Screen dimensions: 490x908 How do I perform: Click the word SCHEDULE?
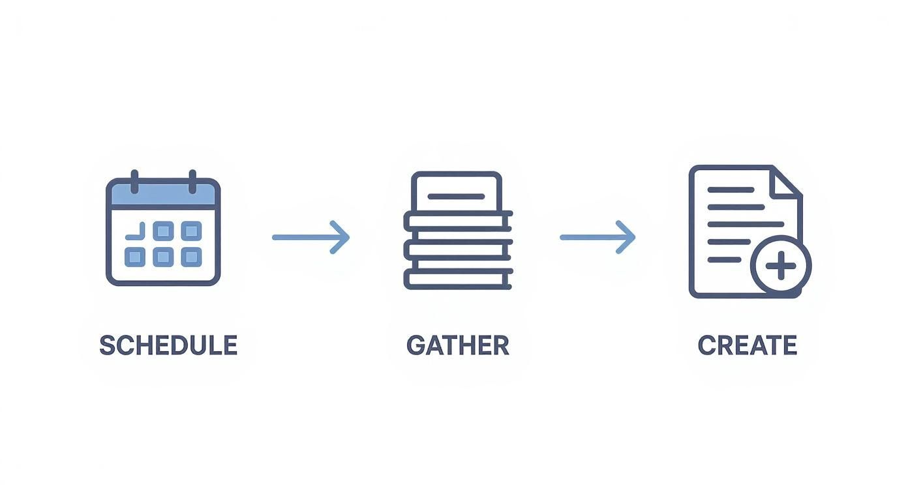point(168,345)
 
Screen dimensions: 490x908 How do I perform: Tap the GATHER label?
point(457,345)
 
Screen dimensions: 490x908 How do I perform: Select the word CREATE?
point(747,345)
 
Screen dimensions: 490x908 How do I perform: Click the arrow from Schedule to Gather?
point(310,237)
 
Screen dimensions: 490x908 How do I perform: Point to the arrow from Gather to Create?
point(597,237)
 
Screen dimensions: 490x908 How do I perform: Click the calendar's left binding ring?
point(134,181)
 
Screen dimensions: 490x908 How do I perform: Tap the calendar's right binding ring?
point(192,181)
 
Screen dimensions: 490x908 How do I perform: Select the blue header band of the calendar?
point(163,194)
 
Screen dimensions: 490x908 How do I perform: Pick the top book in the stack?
point(457,191)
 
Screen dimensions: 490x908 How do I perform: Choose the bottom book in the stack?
point(458,279)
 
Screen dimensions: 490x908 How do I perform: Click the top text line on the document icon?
point(731,190)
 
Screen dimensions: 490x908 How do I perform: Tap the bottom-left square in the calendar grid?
point(134,257)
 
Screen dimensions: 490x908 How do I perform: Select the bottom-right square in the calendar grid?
point(190,257)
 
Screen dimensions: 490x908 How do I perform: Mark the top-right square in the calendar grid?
point(190,231)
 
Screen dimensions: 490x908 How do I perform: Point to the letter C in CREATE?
point(707,345)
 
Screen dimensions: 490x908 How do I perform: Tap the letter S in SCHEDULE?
point(108,345)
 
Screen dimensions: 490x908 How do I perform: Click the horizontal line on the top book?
point(456,196)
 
